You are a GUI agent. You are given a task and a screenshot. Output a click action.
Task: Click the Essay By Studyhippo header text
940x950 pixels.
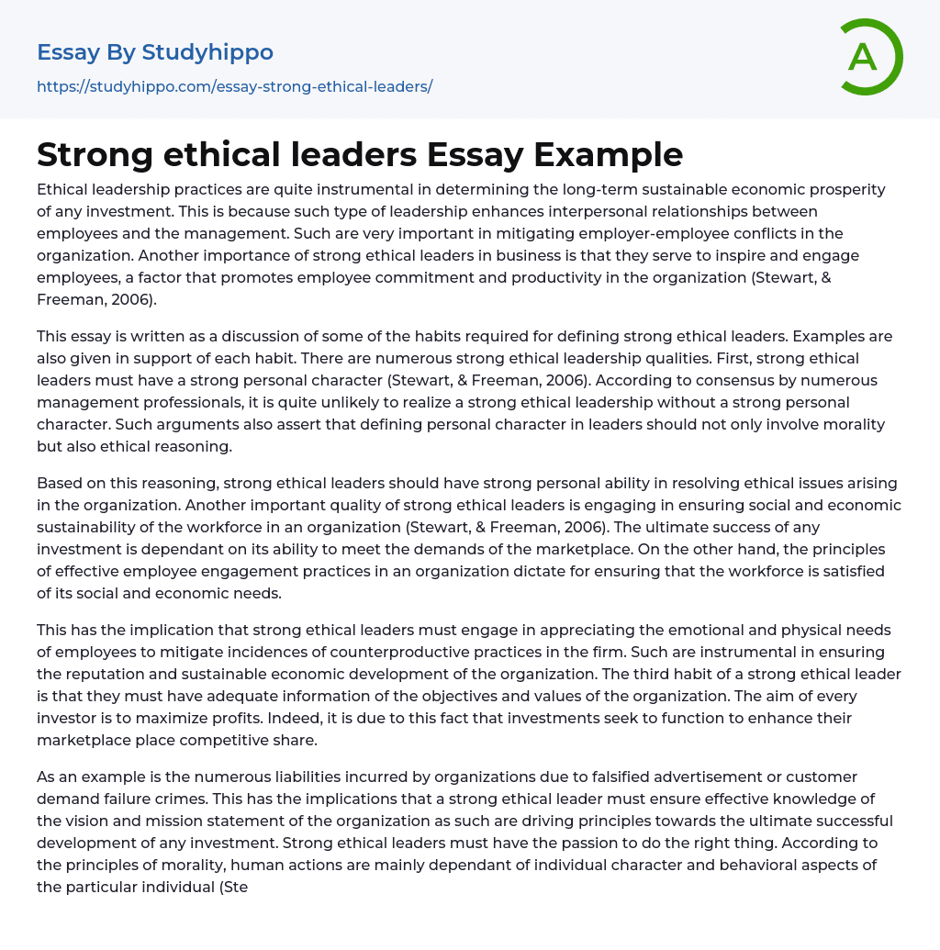(155, 52)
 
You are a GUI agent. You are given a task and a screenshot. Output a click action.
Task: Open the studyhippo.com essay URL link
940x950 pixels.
(234, 86)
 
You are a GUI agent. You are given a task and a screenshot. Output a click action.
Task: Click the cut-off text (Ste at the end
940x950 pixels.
(236, 887)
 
